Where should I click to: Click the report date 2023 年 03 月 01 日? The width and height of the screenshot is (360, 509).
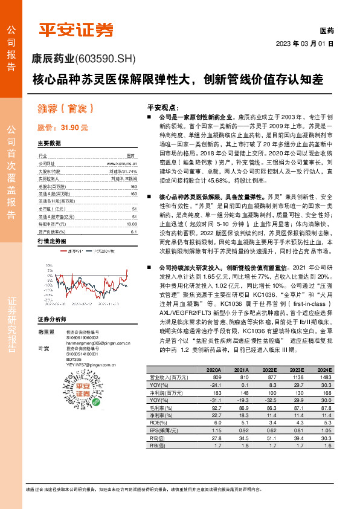pos(304,44)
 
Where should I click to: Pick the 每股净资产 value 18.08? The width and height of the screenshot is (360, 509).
pos(132,207)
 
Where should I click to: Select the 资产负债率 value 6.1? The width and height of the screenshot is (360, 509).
pos(134,215)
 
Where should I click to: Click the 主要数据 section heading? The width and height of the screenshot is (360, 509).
pos(50,144)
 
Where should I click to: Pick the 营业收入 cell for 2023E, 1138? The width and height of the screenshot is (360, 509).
pos(297,377)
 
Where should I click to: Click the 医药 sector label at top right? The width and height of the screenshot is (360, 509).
pos(326,30)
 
